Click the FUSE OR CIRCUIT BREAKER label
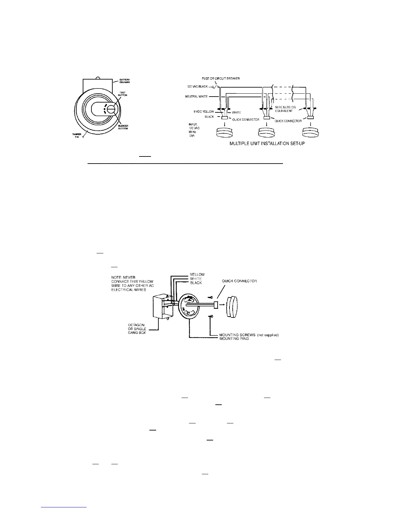click(x=220, y=79)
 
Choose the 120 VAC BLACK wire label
click(x=198, y=87)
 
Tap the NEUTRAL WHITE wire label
click(x=196, y=97)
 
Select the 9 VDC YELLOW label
click(x=203, y=112)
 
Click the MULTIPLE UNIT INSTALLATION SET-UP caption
click(x=267, y=143)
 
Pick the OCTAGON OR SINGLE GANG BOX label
click(x=137, y=329)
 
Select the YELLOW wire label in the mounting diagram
click(x=197, y=275)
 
